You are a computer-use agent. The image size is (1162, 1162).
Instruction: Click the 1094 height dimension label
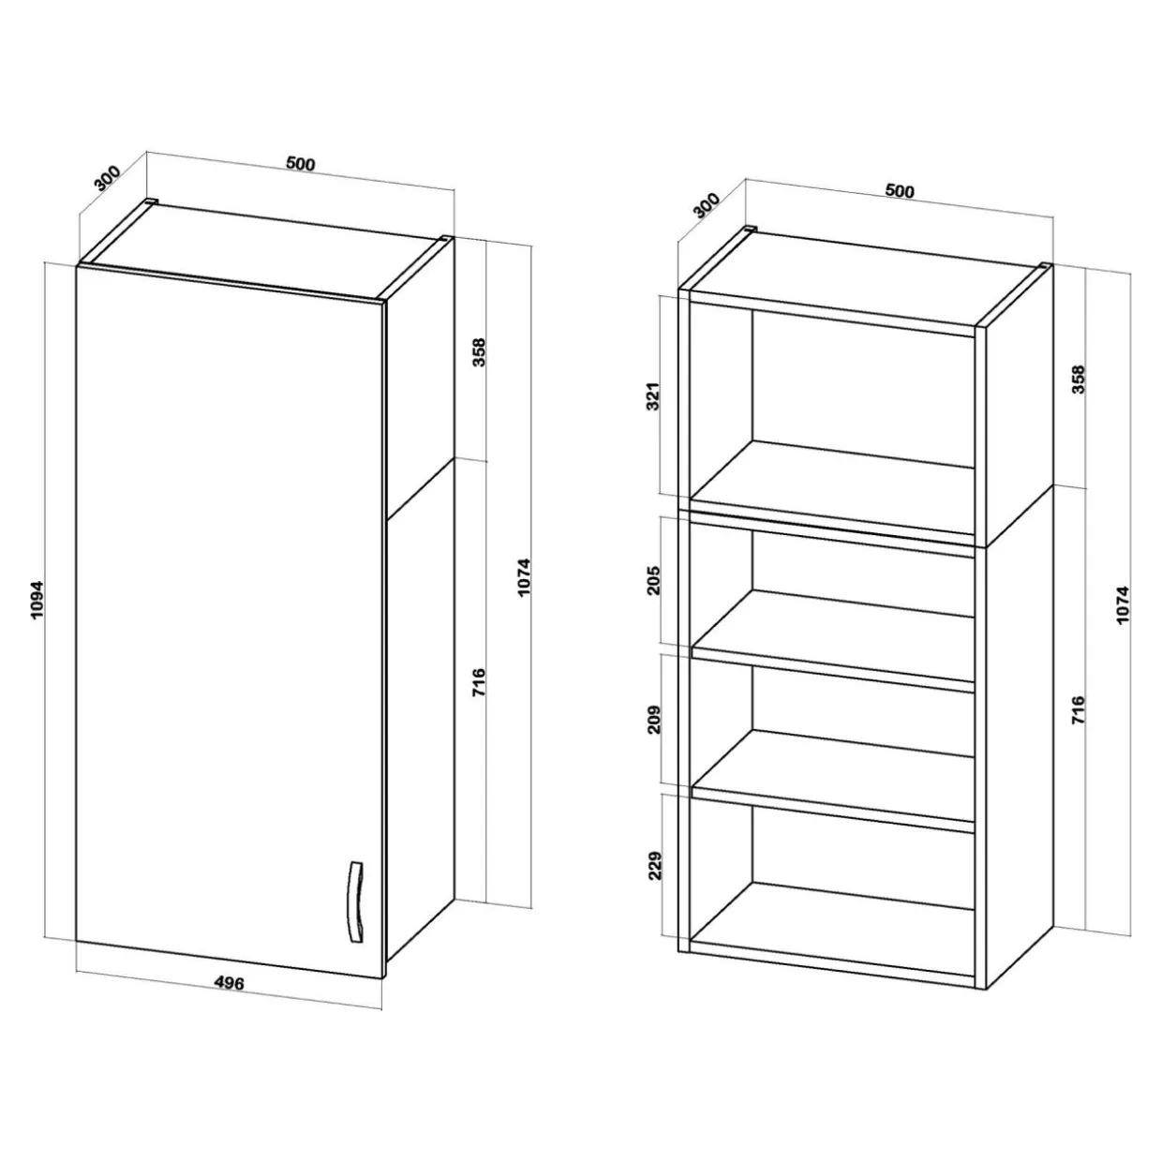(x=37, y=600)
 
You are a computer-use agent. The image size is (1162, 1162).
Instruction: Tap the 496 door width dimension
(x=230, y=983)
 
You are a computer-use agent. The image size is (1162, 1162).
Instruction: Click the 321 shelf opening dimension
(x=654, y=396)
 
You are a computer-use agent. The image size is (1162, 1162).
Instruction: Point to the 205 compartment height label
(x=654, y=580)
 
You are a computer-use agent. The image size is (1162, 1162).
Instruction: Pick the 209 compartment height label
(x=654, y=718)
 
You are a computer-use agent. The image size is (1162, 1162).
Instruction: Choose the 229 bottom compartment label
(x=654, y=865)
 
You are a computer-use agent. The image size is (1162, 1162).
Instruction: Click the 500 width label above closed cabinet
(x=300, y=163)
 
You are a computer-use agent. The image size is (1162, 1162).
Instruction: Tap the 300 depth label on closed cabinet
(x=109, y=177)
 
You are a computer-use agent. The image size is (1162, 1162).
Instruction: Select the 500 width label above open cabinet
(x=899, y=190)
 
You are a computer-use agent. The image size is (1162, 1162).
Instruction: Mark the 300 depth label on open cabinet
(x=707, y=204)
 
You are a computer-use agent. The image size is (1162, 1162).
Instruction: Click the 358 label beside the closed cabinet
(x=479, y=352)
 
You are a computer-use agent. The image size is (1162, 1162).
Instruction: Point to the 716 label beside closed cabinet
(x=479, y=682)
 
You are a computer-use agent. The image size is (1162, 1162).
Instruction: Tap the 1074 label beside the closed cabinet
(x=524, y=577)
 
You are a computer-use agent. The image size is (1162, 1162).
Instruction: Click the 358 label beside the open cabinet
(x=1078, y=380)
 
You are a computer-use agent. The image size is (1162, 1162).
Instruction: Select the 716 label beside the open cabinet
(x=1078, y=709)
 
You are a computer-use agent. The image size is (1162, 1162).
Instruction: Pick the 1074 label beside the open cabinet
(x=1123, y=604)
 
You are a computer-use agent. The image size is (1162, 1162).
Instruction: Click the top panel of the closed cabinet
(x=265, y=252)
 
